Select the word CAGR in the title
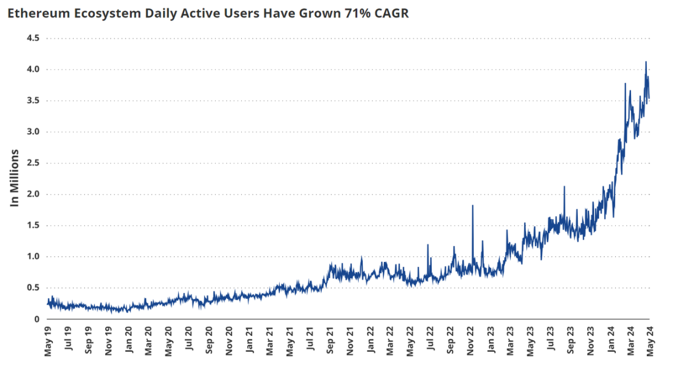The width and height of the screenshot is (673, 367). click(x=391, y=13)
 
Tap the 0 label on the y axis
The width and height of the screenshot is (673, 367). click(x=36, y=318)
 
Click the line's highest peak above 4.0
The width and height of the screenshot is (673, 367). click(x=646, y=61)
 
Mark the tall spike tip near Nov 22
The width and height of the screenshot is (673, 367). click(x=472, y=206)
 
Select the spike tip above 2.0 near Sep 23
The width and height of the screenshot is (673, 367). click(x=564, y=186)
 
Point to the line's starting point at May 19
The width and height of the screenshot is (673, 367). click(x=48, y=303)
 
